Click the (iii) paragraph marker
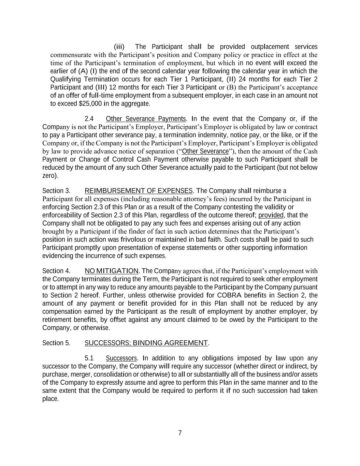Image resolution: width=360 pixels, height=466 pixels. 119,47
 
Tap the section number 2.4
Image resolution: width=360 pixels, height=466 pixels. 89,119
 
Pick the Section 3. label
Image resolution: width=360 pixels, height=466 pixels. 56,190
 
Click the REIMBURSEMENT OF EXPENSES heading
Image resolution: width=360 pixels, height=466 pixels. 139,190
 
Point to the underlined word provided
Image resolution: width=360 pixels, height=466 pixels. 271,215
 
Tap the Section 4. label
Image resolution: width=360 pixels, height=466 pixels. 56,271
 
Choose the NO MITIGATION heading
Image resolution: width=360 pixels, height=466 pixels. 112,271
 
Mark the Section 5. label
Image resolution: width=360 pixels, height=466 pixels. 56,343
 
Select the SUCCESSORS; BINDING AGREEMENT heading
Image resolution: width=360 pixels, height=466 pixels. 146,343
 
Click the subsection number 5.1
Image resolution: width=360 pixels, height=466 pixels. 89,358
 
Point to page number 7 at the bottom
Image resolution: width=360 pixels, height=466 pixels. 180,433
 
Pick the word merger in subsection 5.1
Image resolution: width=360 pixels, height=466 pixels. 75,375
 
